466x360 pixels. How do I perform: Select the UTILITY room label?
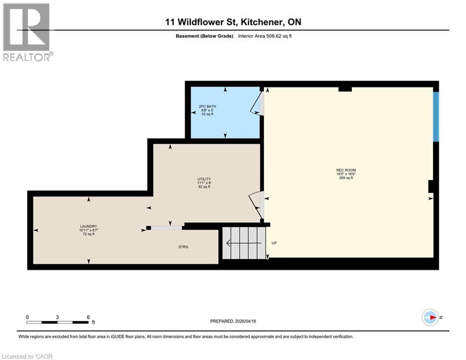[204, 179]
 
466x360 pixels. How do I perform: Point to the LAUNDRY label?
[88, 226]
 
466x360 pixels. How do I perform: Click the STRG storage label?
[183, 247]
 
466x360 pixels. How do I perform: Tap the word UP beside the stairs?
[274, 243]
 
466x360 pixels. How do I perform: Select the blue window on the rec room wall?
[436, 117]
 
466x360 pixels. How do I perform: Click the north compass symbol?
[430, 317]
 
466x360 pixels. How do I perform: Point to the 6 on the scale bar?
[88, 317]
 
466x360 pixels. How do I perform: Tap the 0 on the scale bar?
[27, 317]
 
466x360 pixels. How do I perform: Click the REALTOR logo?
[27, 32]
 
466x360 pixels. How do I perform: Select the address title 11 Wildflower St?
[233, 22]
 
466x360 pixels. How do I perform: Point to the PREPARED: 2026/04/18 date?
[234, 321]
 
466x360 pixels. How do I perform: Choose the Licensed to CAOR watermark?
[27, 356]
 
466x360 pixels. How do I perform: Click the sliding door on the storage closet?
[166, 228]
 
